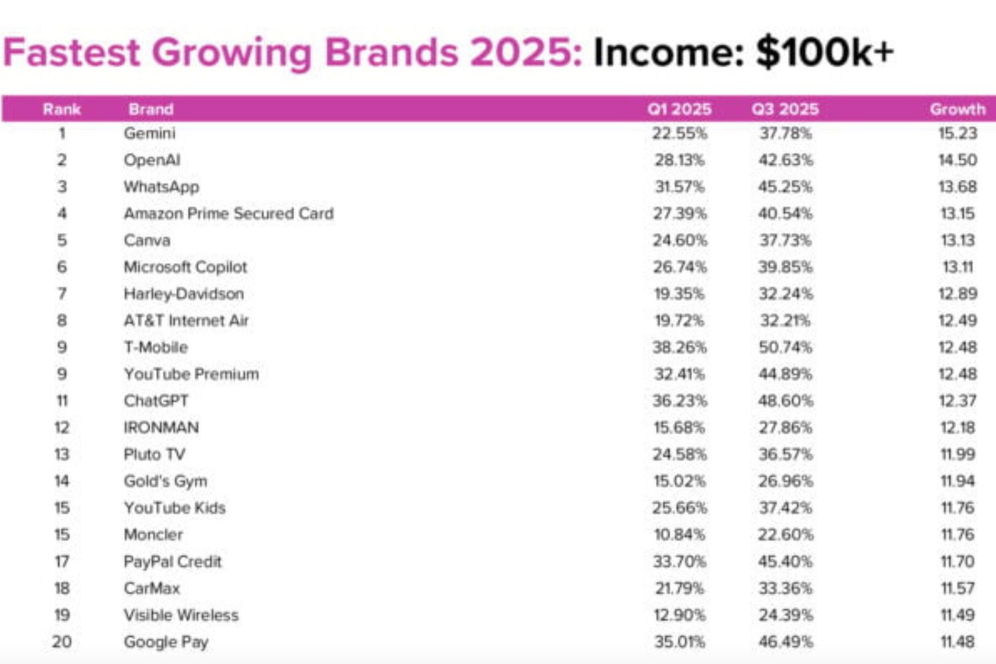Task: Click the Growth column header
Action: point(957,109)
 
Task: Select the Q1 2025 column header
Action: point(679,109)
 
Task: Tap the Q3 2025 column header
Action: point(785,109)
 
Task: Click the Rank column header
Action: point(62,109)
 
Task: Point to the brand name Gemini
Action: point(149,133)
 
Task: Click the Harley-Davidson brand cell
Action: point(184,293)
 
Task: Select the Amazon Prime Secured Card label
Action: point(228,213)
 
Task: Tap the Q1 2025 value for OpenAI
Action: point(679,160)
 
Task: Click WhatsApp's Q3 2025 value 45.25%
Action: point(785,187)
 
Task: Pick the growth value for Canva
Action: point(957,240)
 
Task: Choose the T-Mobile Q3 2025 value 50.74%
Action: point(785,347)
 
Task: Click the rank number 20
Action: point(62,641)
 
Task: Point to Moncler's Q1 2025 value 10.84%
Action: point(679,534)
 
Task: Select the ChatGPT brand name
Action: point(156,400)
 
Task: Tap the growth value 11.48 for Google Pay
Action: point(957,641)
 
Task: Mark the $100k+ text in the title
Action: point(825,52)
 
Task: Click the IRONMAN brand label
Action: point(161,427)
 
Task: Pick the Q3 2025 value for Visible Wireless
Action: point(785,615)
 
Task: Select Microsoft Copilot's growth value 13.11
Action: point(957,267)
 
